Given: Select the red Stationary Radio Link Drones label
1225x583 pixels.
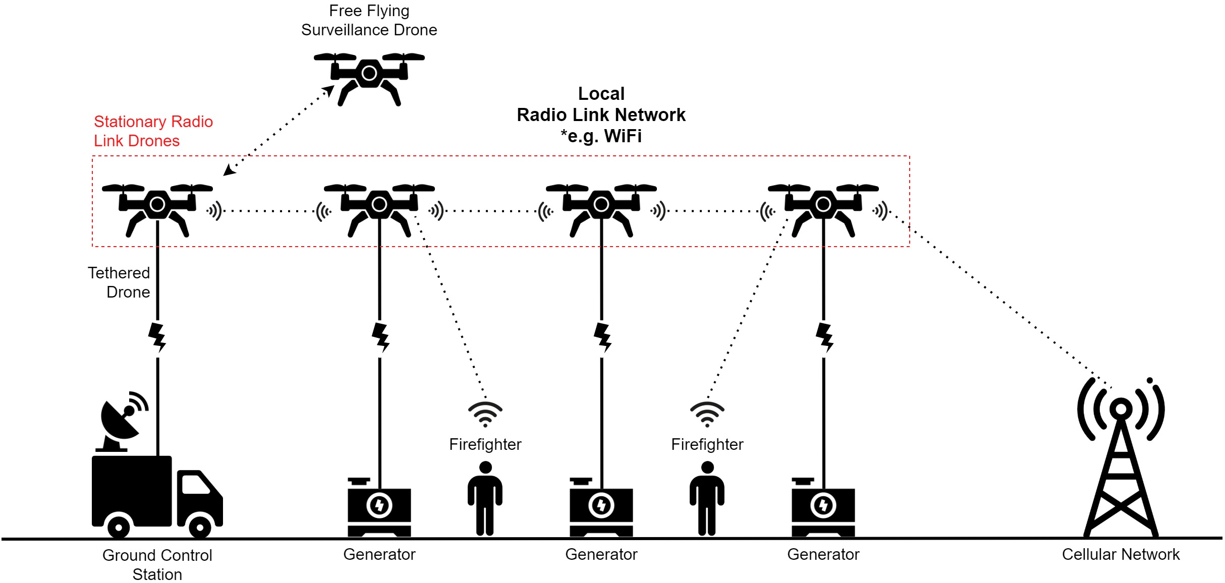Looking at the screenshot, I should [x=153, y=131].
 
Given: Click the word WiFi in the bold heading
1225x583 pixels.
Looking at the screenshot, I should [x=623, y=136].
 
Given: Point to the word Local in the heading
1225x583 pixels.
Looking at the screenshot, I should [x=601, y=94].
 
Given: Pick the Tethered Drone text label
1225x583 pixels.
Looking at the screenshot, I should [x=119, y=282].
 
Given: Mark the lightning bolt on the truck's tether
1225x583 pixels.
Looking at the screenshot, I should [x=157, y=337].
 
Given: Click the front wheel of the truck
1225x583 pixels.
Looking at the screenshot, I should [x=200, y=528].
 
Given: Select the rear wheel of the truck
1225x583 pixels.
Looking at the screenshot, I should [x=119, y=528].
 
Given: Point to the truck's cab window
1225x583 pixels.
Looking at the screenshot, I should [x=195, y=485].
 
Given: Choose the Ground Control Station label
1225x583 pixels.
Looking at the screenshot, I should [x=157, y=564].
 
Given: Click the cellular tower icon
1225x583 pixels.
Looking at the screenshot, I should [x=1121, y=464].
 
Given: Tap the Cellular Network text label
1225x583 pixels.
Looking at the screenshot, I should [x=1121, y=554].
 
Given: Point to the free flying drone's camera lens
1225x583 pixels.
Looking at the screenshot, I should [x=369, y=74].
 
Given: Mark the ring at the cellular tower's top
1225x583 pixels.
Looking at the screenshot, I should [x=1121, y=408].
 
